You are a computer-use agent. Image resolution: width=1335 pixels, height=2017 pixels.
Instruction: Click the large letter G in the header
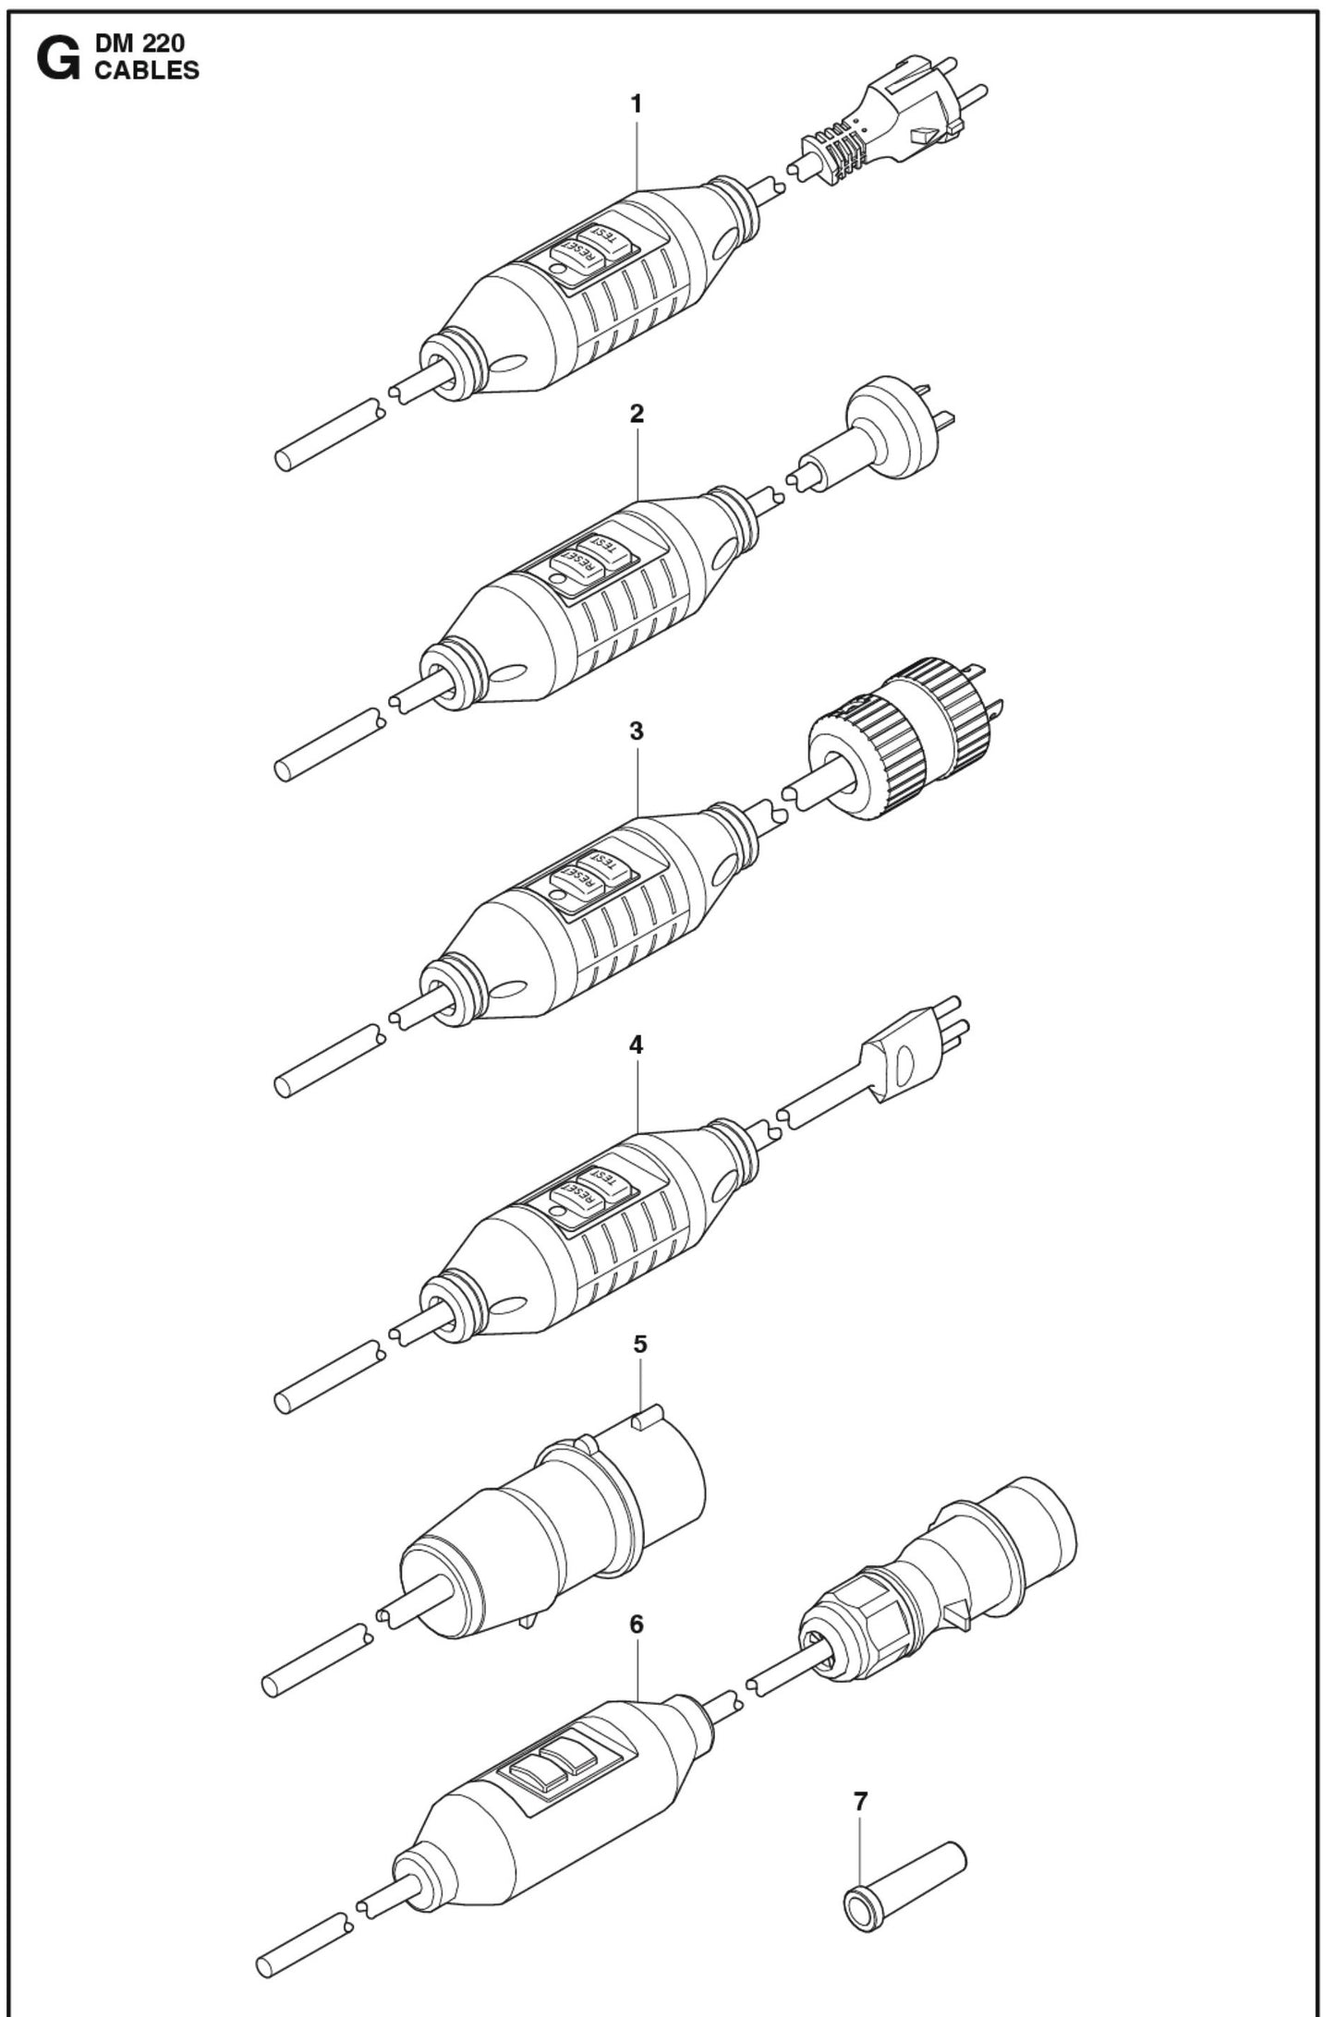click(x=57, y=60)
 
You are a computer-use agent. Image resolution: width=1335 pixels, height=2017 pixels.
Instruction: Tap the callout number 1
click(x=636, y=104)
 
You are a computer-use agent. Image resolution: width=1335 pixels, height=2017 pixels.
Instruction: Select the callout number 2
click(x=636, y=414)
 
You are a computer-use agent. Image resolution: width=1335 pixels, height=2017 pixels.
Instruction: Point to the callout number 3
click(x=636, y=731)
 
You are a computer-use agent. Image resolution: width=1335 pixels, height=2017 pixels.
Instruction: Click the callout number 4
click(x=636, y=1045)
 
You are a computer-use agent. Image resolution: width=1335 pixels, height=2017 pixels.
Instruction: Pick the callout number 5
click(x=639, y=1344)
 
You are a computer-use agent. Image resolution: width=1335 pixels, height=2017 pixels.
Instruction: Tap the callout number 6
click(x=636, y=1624)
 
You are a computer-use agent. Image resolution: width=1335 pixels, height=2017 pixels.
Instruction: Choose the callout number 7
click(x=861, y=1801)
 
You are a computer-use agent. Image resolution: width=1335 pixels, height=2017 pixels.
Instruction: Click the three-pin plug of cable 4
click(x=901, y=1053)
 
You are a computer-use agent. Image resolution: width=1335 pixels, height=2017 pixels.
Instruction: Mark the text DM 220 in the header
click(x=140, y=44)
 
